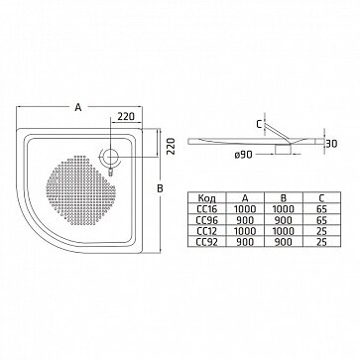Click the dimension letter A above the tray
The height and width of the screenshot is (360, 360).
pyautogui.click(x=78, y=107)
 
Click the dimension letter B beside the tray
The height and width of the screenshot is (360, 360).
pyautogui.click(x=160, y=188)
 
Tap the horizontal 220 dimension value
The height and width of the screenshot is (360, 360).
pyautogui.click(x=126, y=116)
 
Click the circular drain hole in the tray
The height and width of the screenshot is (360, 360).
pyautogui.click(x=110, y=158)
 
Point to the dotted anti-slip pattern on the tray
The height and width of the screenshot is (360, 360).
pyautogui.click(x=80, y=188)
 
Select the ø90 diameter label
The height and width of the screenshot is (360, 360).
pyautogui.click(x=244, y=155)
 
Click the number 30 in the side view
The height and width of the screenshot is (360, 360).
pyautogui.click(x=331, y=144)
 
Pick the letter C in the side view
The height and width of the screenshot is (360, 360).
pyautogui.click(x=259, y=124)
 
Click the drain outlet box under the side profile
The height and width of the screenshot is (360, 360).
pyautogui.click(x=283, y=149)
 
